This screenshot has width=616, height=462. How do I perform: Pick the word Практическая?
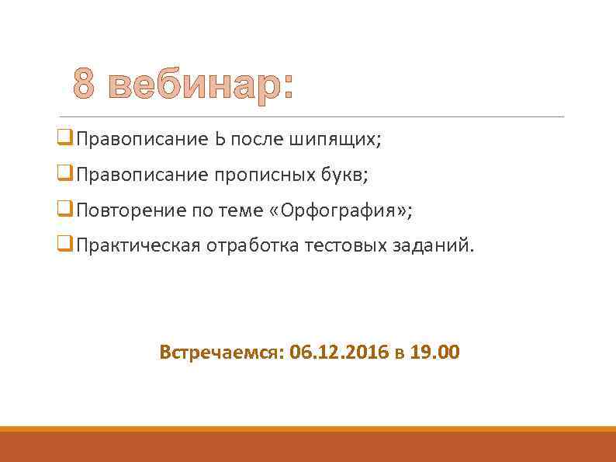pyautogui.click(x=139, y=246)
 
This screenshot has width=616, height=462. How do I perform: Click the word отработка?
pyautogui.click(x=254, y=246)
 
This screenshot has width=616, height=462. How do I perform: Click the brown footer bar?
pyautogui.click(x=308, y=446)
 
